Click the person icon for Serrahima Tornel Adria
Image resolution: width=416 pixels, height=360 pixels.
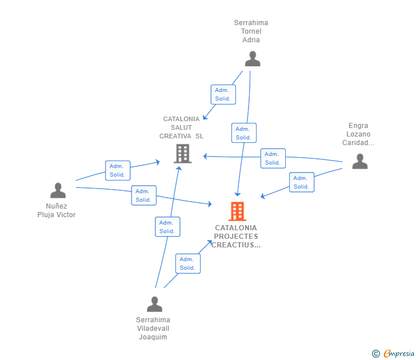(x=252, y=58)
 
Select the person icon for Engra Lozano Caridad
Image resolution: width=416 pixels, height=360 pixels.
(x=359, y=161)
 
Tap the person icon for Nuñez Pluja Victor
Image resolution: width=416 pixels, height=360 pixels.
(x=58, y=190)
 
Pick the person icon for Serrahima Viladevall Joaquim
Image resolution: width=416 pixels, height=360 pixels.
(x=154, y=304)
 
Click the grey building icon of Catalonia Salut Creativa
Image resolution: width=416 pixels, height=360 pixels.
(x=182, y=153)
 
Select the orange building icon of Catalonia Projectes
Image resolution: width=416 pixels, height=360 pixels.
(x=237, y=211)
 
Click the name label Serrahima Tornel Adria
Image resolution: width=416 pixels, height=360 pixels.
(x=251, y=31)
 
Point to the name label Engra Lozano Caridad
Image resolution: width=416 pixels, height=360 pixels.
(x=358, y=134)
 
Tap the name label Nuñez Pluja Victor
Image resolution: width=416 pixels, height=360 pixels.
(x=57, y=210)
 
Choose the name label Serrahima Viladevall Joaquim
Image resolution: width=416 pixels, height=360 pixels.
(x=153, y=328)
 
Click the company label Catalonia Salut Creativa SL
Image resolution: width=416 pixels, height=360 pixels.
(x=181, y=127)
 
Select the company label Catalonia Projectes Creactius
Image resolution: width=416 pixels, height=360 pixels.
(x=236, y=237)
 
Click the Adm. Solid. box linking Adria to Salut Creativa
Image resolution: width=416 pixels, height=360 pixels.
(x=222, y=94)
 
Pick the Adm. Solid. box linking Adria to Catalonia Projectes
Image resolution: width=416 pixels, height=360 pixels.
(x=243, y=133)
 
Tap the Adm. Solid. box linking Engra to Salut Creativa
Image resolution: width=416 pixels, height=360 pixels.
(x=273, y=158)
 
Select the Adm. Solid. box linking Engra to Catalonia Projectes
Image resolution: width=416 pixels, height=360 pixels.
(x=301, y=182)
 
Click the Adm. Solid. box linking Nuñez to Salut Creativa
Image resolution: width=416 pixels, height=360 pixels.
(x=118, y=170)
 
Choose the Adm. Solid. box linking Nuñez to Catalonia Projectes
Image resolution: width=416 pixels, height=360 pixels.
(x=143, y=195)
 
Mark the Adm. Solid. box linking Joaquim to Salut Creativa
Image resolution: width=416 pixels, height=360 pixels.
(x=167, y=227)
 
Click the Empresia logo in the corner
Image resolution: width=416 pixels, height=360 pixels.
(x=394, y=353)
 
